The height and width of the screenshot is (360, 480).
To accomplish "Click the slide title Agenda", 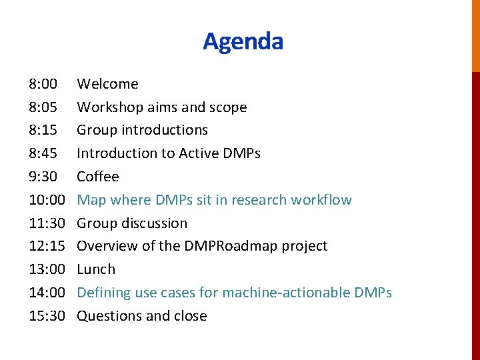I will click(243, 41).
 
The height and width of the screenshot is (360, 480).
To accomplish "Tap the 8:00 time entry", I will click(43, 84).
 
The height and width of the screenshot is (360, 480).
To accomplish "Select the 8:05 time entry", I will click(43, 107).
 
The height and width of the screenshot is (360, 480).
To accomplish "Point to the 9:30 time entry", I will click(43, 177).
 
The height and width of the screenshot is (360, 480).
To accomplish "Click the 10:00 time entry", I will click(47, 200).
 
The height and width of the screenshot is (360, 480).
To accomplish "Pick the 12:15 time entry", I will click(47, 246).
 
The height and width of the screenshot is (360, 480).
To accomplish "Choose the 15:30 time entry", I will click(47, 316).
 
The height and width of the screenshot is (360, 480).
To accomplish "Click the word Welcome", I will click(107, 84).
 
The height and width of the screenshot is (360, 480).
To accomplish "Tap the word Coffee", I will click(98, 177).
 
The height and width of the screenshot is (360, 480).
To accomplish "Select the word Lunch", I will click(96, 269).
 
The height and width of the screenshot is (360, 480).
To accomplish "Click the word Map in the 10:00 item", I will click(91, 200).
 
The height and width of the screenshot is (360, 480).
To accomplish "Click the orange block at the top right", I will click(475, 35).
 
